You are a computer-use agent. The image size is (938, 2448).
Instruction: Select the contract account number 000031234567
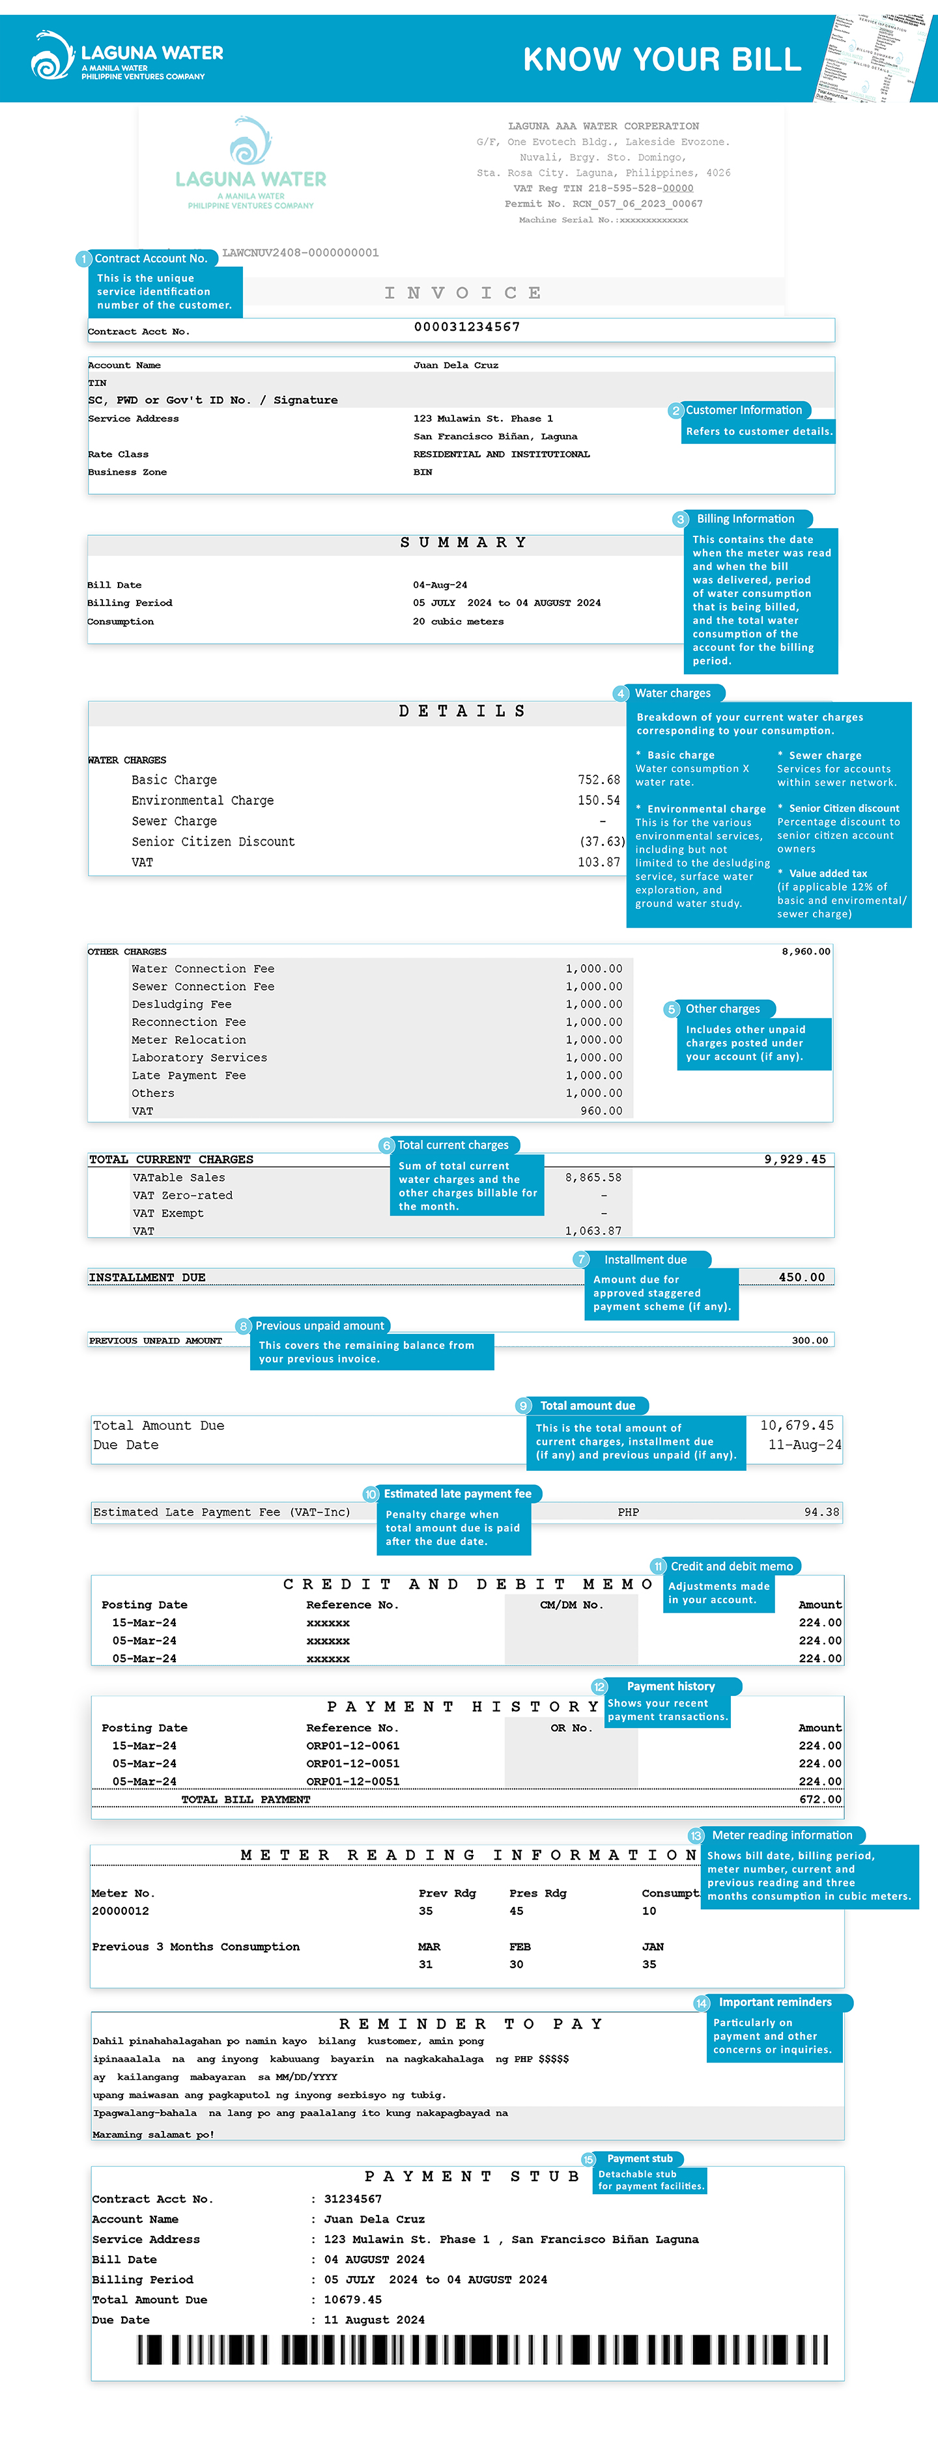(x=466, y=327)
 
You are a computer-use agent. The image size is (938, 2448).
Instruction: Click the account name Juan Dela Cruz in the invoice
(x=455, y=365)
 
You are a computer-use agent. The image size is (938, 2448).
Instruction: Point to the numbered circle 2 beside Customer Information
(x=675, y=411)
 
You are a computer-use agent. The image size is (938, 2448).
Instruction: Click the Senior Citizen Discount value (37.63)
(x=602, y=842)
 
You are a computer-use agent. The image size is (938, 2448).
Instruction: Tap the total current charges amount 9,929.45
(x=795, y=1160)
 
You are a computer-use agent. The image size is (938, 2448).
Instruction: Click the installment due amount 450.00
(x=801, y=1277)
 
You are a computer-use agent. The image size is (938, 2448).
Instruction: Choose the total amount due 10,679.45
(x=797, y=1425)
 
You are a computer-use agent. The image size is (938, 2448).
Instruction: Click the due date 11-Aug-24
(x=804, y=1445)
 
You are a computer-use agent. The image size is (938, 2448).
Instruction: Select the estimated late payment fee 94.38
(x=821, y=1512)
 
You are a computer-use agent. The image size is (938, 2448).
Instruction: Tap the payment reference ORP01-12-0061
(x=352, y=1746)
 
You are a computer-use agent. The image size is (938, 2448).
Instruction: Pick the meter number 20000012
(x=120, y=1911)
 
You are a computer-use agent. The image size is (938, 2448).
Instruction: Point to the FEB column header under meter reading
(x=520, y=1946)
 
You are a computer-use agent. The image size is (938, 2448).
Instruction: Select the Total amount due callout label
(x=588, y=1406)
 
